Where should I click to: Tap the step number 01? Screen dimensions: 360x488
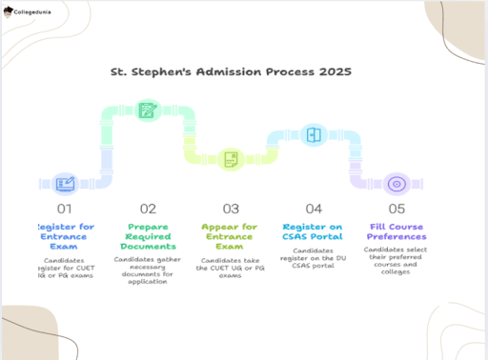point(64,209)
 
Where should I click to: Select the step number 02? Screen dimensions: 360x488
point(148,209)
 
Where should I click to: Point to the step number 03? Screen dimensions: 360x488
point(231,209)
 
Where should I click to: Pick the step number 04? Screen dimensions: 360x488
point(314,209)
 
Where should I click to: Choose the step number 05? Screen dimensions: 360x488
point(396,209)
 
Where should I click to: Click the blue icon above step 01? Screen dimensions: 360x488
point(65,184)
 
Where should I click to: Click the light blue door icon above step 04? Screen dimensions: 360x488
point(314,134)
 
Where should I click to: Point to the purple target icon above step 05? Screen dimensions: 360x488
point(396,184)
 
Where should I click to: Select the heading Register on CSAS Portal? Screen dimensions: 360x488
point(314,231)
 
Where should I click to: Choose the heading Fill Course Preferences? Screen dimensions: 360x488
point(396,231)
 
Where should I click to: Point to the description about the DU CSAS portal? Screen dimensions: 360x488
point(314,258)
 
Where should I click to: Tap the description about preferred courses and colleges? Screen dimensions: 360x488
point(396,260)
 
